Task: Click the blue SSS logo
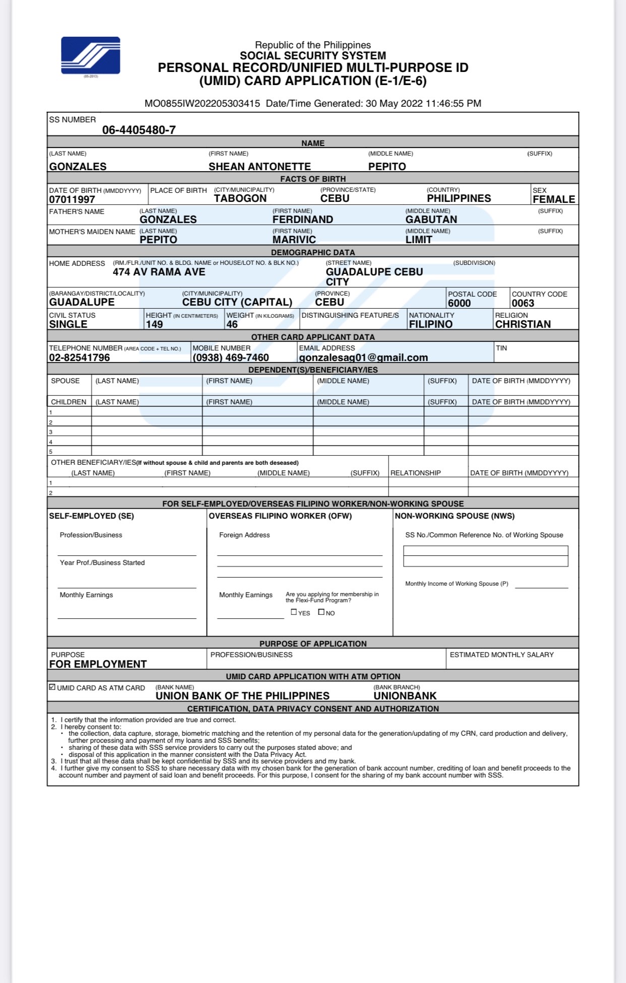point(91,55)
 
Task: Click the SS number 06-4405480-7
point(139,130)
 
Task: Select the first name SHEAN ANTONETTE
point(260,167)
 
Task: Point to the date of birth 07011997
point(72,199)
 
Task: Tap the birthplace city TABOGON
point(240,198)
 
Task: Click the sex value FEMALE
point(554,199)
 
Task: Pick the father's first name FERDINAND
point(302,220)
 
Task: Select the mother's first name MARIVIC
point(294,240)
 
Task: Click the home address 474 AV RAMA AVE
point(159,272)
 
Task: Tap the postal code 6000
point(459,303)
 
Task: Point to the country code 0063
point(523,303)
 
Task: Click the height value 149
point(154,324)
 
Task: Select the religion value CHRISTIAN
point(523,324)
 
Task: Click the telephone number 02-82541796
point(79,358)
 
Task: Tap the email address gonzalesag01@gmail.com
point(363,358)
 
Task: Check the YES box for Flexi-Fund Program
point(294,612)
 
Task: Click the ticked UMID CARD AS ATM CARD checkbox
point(52,687)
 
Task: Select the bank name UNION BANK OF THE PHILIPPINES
point(242,696)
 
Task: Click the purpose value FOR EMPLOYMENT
point(98,664)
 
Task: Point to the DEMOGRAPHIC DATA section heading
point(312,252)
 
